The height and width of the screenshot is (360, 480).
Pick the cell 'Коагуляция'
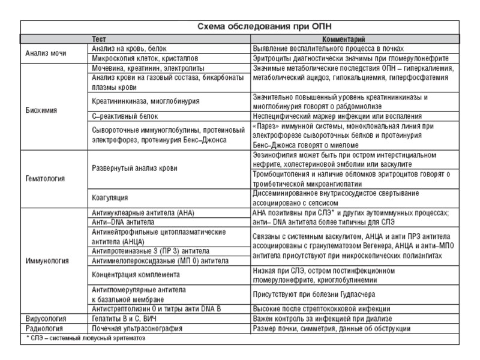point(110,197)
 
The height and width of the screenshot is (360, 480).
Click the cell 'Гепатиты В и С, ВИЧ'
point(127,318)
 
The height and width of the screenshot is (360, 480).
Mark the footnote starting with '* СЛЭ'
point(85,338)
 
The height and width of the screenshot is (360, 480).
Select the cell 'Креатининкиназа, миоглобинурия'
point(146,101)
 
